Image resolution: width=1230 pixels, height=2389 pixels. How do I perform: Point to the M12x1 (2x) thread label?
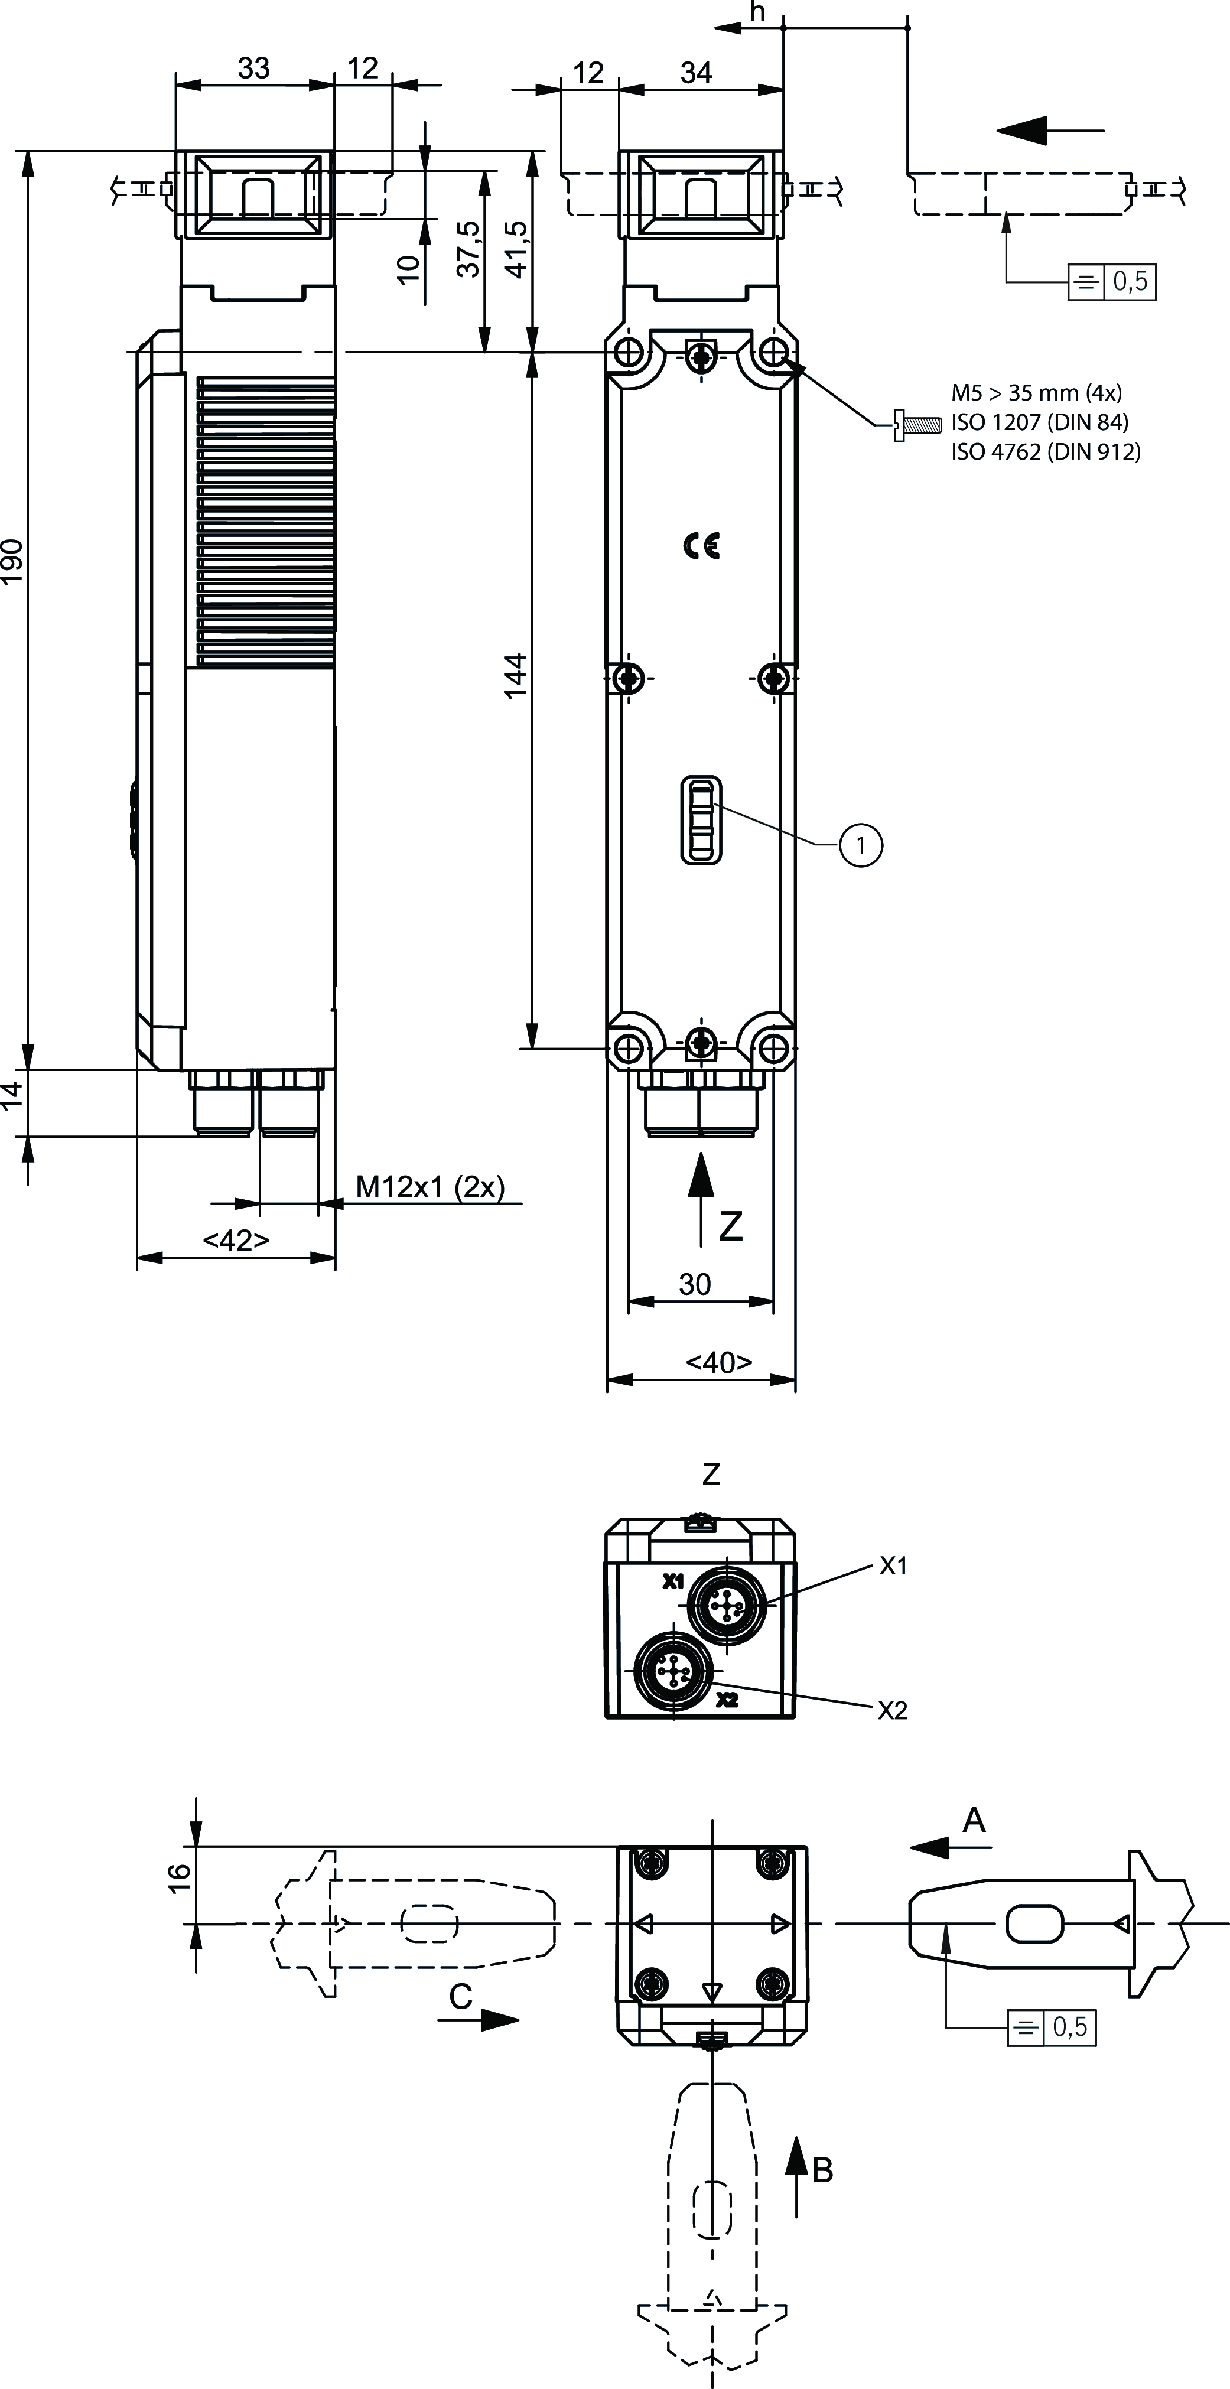[431, 1186]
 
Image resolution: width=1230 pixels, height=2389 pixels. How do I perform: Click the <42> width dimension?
[236, 1240]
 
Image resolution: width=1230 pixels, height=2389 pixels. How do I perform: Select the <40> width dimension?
[719, 1362]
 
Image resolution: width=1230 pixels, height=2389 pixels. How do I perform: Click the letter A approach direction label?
[973, 1821]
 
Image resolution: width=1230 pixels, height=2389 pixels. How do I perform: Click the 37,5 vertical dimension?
[469, 249]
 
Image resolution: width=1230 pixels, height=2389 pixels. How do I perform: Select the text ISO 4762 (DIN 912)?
[1046, 452]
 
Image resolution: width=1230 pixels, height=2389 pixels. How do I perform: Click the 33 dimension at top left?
[253, 68]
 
